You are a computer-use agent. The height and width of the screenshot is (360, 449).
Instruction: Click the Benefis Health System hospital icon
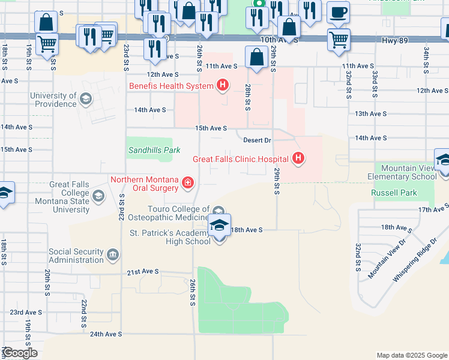(x=222, y=86)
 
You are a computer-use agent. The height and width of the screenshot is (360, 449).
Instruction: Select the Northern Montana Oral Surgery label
(x=144, y=184)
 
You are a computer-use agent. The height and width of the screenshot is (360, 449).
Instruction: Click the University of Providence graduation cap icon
(x=86, y=100)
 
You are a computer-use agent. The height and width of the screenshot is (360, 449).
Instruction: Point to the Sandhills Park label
(x=153, y=149)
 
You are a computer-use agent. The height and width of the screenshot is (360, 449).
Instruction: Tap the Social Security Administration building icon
(x=112, y=256)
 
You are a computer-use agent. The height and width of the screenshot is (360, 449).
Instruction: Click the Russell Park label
(x=394, y=193)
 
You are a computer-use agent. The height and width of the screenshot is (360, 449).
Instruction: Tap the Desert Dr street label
(x=258, y=140)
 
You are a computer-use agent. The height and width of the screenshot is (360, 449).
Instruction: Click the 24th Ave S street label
(x=106, y=334)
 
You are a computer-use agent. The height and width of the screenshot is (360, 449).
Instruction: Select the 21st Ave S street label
(x=142, y=272)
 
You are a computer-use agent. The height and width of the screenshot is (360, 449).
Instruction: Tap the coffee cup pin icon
(x=339, y=13)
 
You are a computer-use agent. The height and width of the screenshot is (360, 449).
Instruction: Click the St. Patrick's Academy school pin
(x=219, y=226)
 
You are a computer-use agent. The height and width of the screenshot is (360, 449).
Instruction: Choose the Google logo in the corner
(x=20, y=353)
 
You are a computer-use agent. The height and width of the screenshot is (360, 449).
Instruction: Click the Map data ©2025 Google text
(x=411, y=355)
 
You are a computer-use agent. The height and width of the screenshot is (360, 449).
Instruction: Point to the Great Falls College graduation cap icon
(x=98, y=196)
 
